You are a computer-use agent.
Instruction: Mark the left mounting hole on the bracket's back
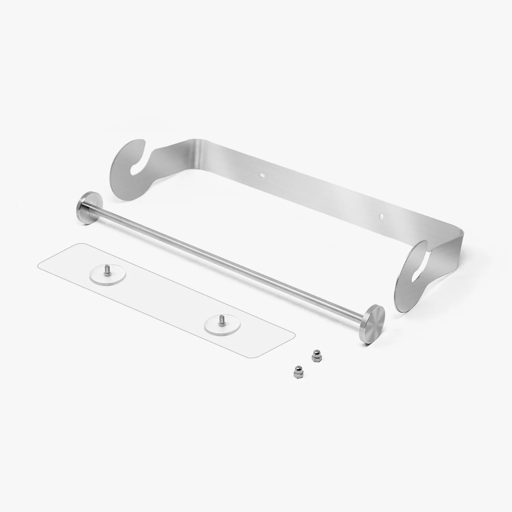(262, 175)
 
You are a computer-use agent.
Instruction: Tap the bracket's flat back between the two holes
(321, 195)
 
